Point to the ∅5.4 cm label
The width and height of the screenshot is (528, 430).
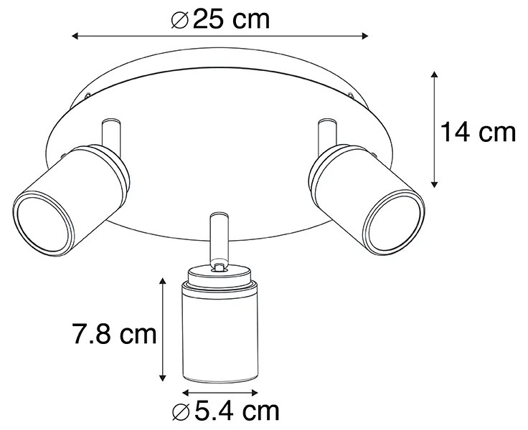click(x=225, y=411)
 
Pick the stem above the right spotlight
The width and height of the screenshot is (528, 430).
click(x=326, y=130)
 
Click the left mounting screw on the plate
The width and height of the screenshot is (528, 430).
click(x=87, y=95)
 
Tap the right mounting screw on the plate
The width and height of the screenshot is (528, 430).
click(x=351, y=95)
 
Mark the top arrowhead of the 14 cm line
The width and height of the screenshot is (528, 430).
click(x=434, y=75)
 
